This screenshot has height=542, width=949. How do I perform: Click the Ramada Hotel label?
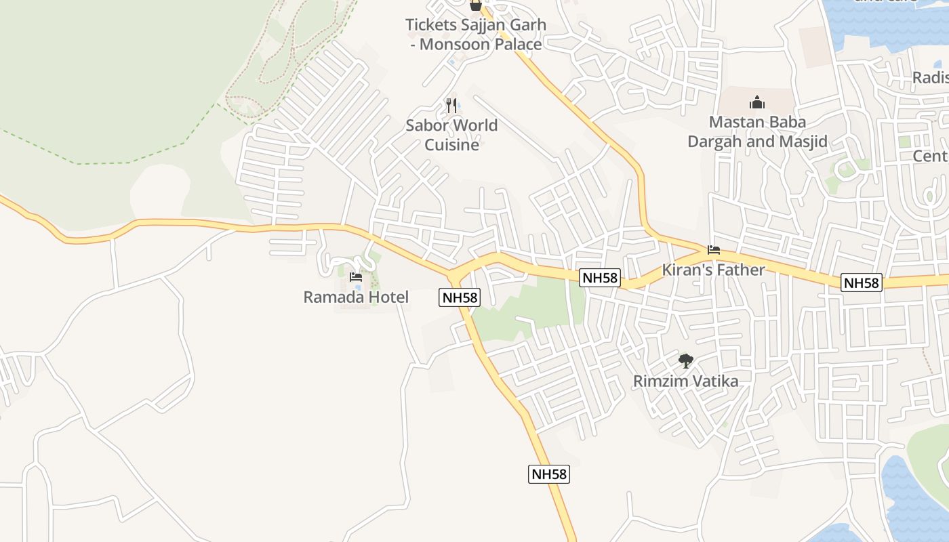tap(356, 297)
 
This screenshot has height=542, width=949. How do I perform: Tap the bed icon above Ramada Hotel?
tap(356, 276)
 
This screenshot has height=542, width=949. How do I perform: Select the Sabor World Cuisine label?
tap(451, 135)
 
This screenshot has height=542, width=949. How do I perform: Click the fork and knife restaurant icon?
tap(451, 105)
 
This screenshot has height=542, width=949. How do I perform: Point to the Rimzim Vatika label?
tap(685, 381)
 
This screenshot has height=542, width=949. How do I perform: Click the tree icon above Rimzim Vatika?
tap(686, 360)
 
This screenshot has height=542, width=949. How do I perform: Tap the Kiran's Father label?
tap(713, 270)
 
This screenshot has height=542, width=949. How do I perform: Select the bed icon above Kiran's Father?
tap(713, 250)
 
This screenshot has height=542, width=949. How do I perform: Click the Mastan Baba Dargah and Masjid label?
tap(757, 131)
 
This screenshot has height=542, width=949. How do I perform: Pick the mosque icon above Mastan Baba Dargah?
tap(757, 102)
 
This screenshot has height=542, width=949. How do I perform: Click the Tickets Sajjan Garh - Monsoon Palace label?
tap(475, 35)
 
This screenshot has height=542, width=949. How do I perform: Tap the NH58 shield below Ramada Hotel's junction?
tap(459, 297)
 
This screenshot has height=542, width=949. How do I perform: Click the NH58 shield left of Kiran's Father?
tap(600, 277)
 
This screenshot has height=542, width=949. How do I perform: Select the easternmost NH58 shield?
tap(862, 283)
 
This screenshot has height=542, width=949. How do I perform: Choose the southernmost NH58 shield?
tap(548, 474)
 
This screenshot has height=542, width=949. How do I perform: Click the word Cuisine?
tap(451, 145)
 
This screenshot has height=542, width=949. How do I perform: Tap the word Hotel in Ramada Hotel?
tap(388, 297)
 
